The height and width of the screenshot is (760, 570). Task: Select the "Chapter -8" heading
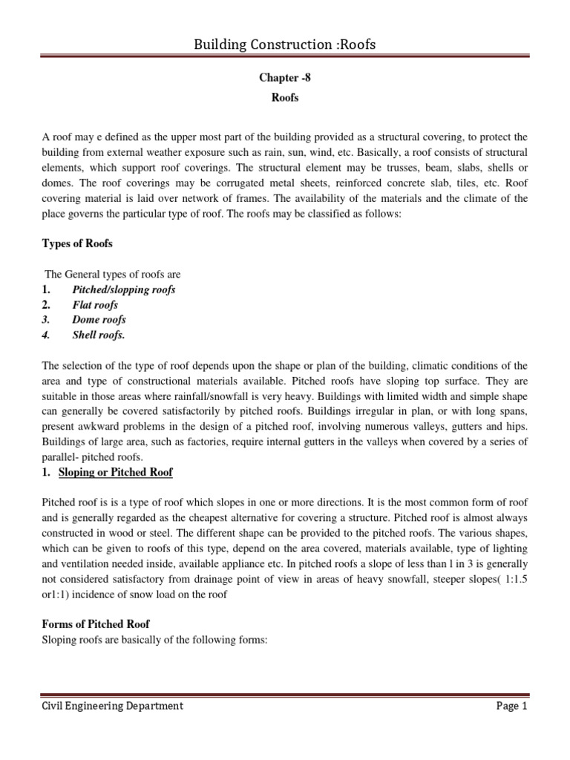point(285,78)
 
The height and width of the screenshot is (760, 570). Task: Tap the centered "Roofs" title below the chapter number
point(285,97)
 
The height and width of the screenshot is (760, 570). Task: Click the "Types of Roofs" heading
point(78,243)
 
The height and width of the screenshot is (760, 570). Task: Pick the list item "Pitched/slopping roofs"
point(124,289)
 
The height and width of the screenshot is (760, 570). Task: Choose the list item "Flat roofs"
point(95,304)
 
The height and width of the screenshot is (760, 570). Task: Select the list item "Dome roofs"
point(99,319)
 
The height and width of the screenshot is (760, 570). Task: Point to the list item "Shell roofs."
point(99,335)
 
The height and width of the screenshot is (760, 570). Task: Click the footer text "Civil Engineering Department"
point(112,706)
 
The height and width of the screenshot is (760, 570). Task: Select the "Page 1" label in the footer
point(511,706)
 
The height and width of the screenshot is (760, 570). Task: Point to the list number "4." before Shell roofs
point(46,335)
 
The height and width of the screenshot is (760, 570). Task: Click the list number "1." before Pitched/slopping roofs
point(46,289)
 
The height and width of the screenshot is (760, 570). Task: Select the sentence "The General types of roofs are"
point(113,275)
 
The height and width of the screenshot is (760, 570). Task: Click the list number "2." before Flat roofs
point(46,304)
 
